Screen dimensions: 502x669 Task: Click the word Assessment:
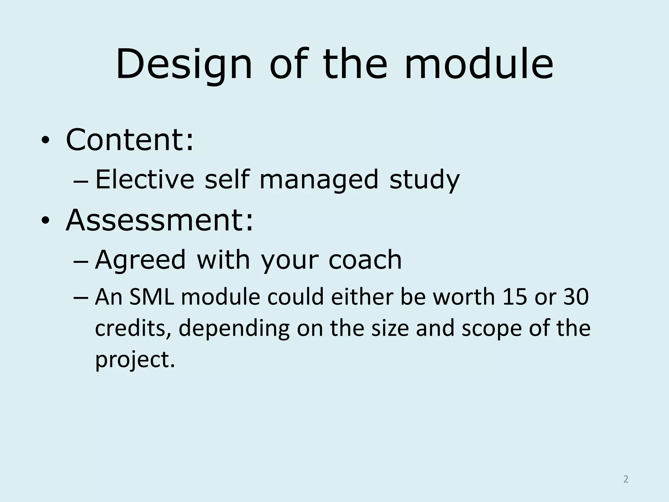[x=159, y=220]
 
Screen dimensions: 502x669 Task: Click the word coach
[x=365, y=260]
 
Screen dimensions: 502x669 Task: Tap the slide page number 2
[x=626, y=479]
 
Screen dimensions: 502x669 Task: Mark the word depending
[x=234, y=328]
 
